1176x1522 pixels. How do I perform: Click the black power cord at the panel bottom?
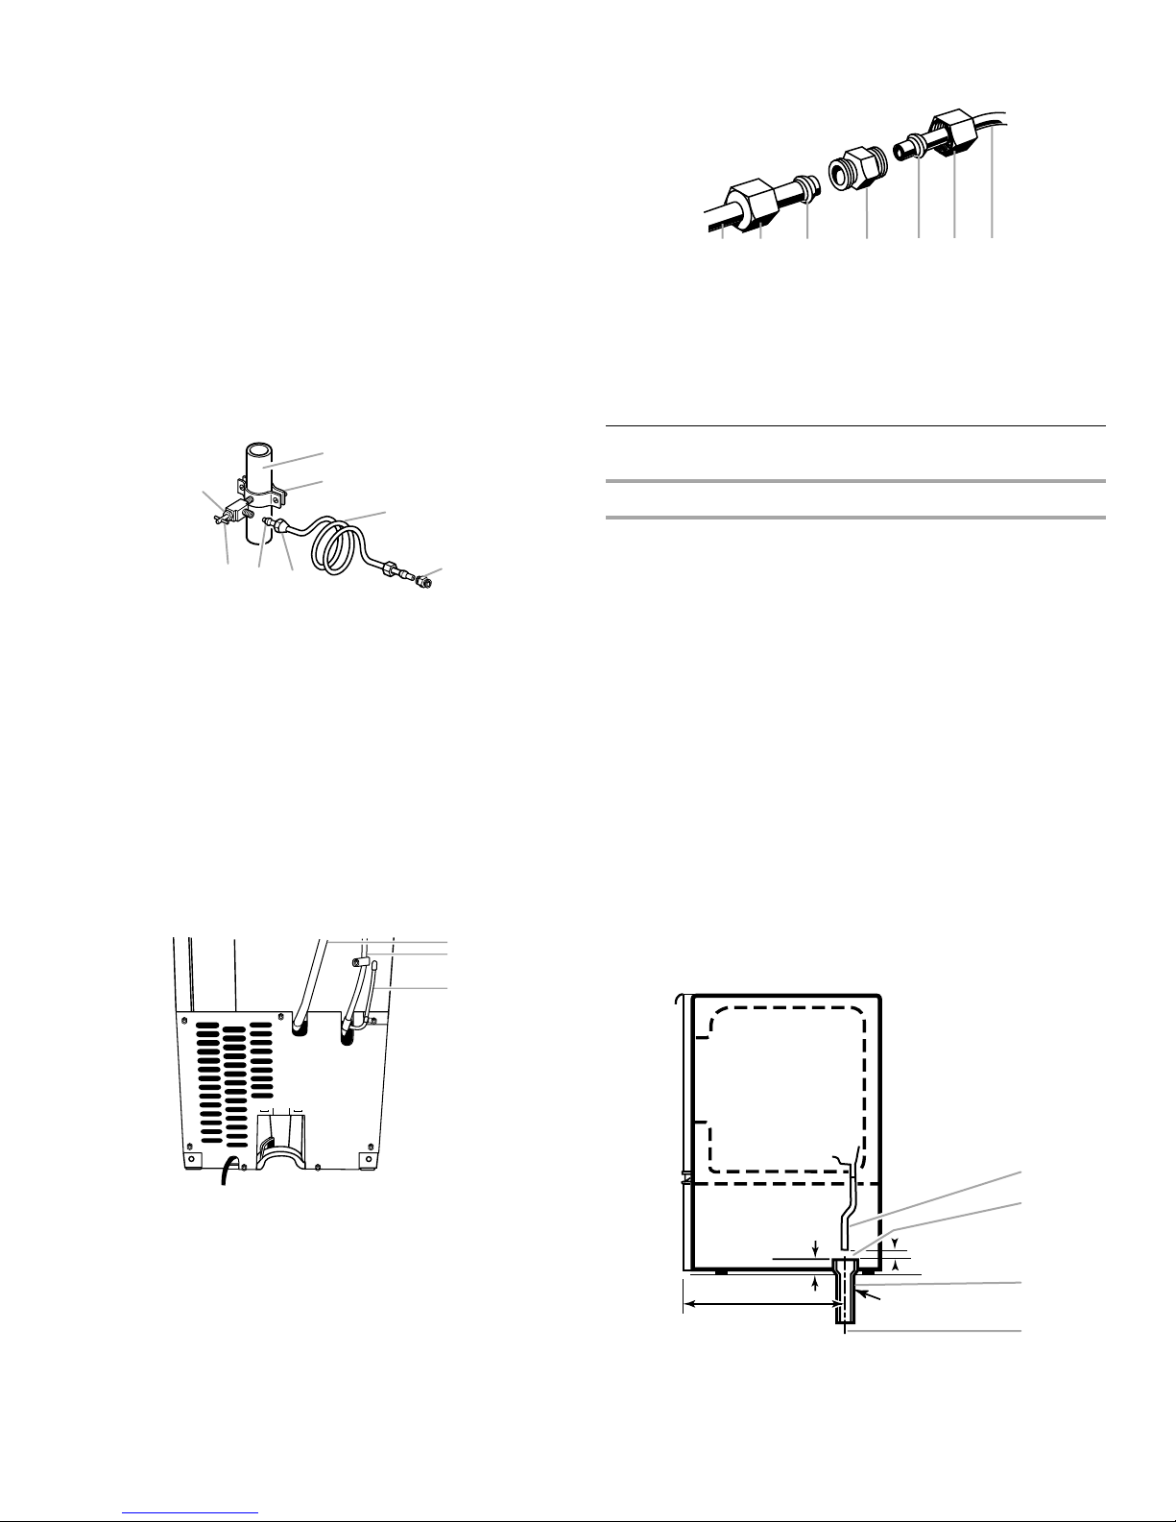(227, 1173)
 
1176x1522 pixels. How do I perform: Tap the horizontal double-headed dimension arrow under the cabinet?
(758, 1304)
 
